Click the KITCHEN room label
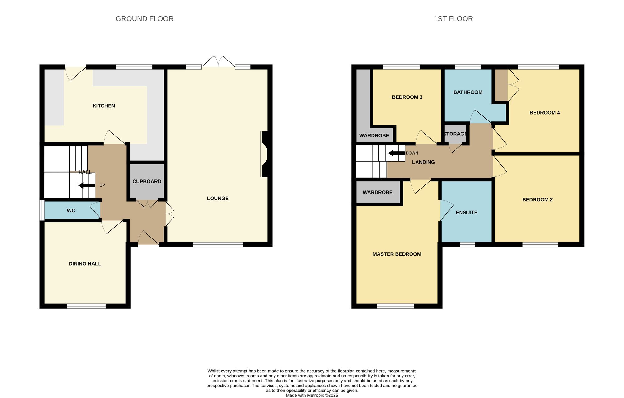(104, 106)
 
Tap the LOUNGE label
(218, 199)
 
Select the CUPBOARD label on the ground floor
(147, 181)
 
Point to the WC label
(71, 211)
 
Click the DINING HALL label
(85, 264)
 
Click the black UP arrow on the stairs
(86, 186)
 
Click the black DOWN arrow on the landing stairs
(396, 153)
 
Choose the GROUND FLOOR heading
(144, 19)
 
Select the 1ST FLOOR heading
(453, 19)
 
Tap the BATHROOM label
(468, 92)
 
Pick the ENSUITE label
(466, 213)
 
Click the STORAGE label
(455, 134)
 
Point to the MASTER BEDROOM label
(397, 254)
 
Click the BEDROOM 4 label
(544, 113)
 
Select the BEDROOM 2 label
(537, 200)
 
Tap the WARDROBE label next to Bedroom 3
(374, 136)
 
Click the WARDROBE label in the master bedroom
(378, 193)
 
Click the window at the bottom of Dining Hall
(86, 307)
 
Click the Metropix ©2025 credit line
(312, 395)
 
